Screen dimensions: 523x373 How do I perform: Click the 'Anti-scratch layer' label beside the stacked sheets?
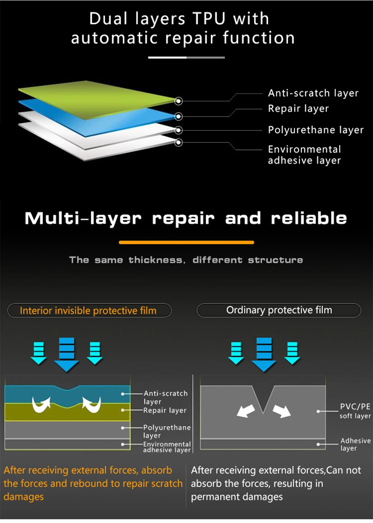click(x=313, y=93)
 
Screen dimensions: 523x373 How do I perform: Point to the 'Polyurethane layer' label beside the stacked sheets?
click(x=316, y=130)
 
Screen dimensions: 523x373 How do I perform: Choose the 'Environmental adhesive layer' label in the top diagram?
click(x=304, y=155)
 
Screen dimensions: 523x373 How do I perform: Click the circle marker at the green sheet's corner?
click(x=179, y=101)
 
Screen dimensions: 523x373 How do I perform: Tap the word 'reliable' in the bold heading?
click(x=309, y=218)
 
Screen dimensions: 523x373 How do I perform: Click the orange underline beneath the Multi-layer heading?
click(x=186, y=242)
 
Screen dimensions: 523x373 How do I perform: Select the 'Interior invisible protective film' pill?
click(x=89, y=310)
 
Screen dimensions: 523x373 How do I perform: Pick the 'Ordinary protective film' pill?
click(x=279, y=310)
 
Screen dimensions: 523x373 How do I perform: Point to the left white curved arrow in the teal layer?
click(x=41, y=405)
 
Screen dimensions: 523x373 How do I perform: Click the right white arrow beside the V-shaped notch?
click(x=282, y=411)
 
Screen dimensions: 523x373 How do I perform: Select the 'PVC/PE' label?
click(x=355, y=407)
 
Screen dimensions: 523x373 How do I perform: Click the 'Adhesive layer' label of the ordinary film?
click(x=355, y=444)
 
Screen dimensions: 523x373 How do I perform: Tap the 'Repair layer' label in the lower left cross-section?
click(x=165, y=410)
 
